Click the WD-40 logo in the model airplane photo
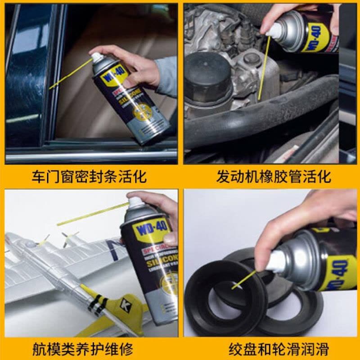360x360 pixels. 150,225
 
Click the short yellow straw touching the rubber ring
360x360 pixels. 243,279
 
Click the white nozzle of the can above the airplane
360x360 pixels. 135,202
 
